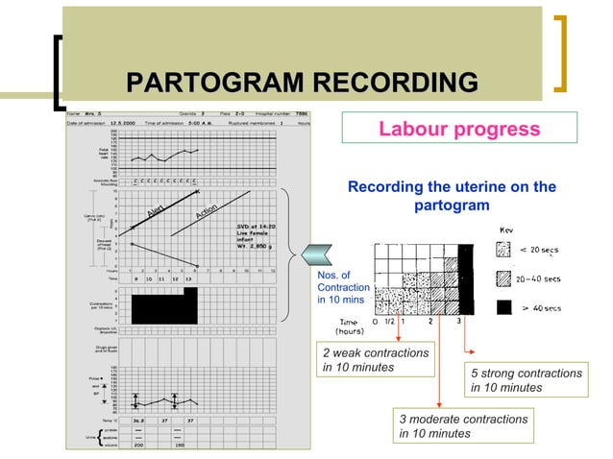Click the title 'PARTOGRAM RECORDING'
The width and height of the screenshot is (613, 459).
[302, 84]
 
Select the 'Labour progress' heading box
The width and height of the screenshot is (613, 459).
[459, 129]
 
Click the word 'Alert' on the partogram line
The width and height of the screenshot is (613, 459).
[158, 208]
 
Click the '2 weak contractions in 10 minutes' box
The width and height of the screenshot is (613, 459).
[376, 361]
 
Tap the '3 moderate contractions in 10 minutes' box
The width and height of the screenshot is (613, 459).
[464, 426]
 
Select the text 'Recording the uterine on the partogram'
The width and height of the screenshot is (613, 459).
[451, 196]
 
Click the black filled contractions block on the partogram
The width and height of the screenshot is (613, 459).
[163, 307]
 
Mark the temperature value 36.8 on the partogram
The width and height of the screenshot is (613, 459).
[139, 419]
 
